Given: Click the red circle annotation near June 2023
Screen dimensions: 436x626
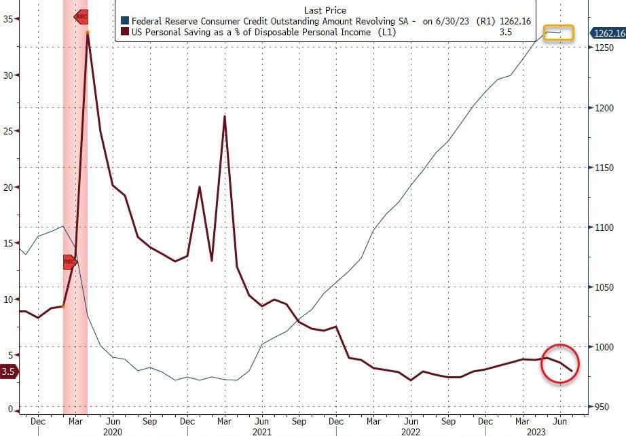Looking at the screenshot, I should pos(560,364).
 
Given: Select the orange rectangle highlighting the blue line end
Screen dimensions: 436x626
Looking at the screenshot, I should pos(559,33).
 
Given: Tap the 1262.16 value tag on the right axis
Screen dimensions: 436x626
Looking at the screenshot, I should pos(608,33).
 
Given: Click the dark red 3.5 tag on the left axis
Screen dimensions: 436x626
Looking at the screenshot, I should pos(8,371).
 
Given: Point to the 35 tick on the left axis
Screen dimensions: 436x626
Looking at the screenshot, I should pos(7,19).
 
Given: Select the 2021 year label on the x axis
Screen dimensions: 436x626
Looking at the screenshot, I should pos(261,431).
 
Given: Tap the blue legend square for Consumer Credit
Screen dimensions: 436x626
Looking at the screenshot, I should pos(124,22).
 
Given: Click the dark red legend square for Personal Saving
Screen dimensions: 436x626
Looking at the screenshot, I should pos(124,33).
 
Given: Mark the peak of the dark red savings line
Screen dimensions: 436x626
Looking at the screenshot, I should pos(88,33).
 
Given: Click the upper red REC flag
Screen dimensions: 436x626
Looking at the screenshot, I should pos(80,16).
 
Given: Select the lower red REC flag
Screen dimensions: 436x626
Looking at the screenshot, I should pos(69,261).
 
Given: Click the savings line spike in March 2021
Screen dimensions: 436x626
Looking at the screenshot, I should pos(224,117).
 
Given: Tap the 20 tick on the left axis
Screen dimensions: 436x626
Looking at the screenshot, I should pos(7,187).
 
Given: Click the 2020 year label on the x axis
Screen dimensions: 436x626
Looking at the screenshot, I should pos(112,431).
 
